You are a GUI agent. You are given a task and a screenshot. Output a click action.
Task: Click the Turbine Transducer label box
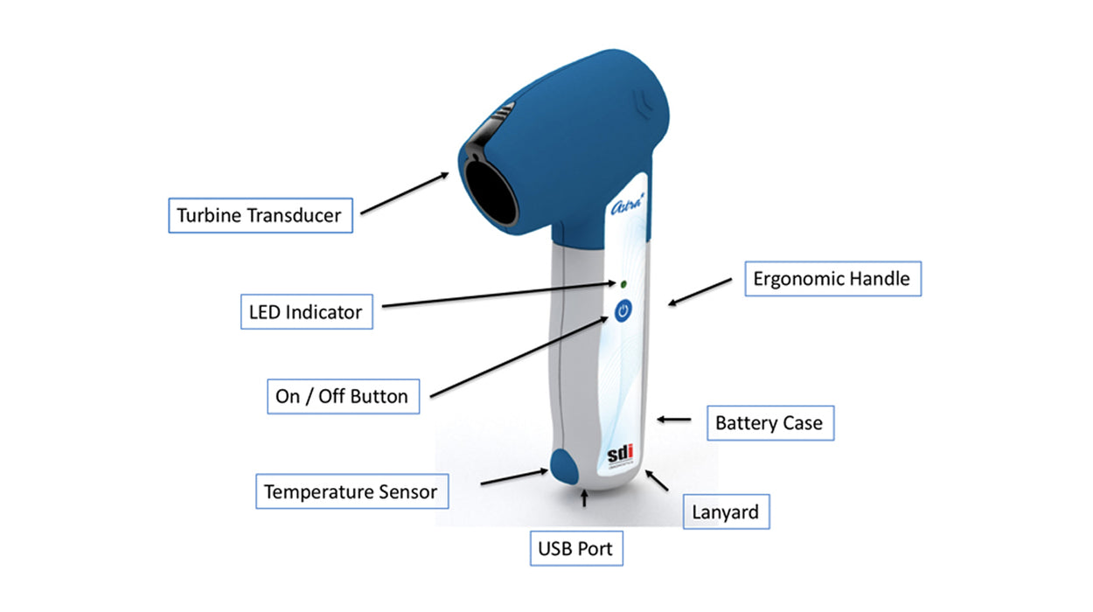point(260,215)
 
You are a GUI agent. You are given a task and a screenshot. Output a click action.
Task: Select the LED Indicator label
point(306,311)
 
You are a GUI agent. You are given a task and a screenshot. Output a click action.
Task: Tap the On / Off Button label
point(341,396)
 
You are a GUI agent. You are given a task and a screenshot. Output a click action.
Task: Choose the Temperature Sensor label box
point(351,491)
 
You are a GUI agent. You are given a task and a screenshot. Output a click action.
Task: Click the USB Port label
point(575,550)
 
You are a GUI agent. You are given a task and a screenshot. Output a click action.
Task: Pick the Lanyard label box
point(725,512)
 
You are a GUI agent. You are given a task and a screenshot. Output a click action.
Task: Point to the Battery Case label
point(769,423)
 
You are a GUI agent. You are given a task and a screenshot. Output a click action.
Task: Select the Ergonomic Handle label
point(832,279)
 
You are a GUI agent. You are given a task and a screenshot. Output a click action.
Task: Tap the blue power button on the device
point(623,310)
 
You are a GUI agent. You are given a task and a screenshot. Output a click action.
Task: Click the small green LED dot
point(623,284)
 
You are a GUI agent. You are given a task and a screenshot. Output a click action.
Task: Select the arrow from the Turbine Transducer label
point(405,192)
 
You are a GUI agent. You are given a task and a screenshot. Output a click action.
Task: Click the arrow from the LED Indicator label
point(498,295)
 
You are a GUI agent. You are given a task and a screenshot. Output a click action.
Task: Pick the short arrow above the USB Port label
point(584,500)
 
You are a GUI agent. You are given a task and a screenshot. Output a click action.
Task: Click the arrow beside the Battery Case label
point(673,420)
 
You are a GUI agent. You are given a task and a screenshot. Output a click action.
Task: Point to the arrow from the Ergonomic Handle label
point(700,292)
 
